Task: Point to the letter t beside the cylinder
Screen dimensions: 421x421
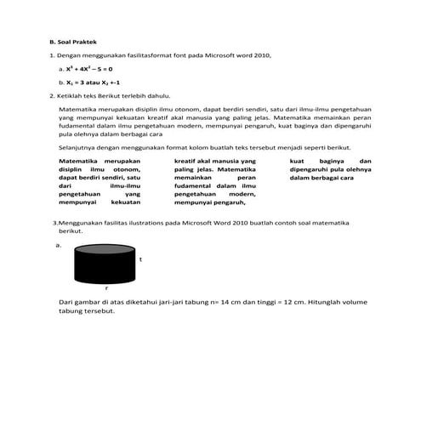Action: tap(140, 259)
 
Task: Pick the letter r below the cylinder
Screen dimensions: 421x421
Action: tap(105, 290)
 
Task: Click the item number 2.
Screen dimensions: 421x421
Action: tap(52, 96)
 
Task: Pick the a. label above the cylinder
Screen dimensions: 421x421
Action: tap(58, 244)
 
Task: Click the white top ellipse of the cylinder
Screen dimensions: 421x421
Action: tap(105, 251)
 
